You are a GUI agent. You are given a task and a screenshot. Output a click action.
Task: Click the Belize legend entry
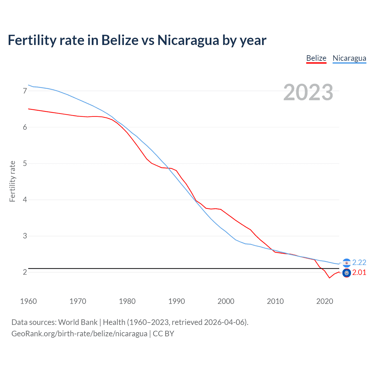point(316,58)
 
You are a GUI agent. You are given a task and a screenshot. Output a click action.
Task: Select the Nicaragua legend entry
point(349,58)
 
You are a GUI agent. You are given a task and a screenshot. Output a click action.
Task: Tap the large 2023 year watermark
point(308,92)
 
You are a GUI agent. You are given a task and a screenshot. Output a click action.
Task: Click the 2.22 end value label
point(359,262)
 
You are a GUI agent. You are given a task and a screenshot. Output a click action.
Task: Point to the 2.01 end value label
point(359,272)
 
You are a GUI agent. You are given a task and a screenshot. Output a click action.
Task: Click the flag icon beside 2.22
point(347,263)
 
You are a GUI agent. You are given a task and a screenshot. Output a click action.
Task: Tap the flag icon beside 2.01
point(347,273)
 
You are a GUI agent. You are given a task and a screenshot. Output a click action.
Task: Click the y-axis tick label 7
point(25,91)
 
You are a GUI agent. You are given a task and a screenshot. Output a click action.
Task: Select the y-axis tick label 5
point(25,163)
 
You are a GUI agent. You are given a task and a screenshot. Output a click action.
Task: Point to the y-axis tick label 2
point(25,272)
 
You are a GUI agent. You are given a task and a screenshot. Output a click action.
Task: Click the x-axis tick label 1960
point(28,301)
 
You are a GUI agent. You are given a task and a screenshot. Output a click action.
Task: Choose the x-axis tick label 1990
point(176,301)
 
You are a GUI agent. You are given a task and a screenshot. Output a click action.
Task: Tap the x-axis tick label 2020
point(325,301)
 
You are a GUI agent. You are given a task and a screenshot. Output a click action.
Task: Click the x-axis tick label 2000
point(226,301)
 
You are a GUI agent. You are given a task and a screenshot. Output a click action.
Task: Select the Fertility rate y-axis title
point(12,181)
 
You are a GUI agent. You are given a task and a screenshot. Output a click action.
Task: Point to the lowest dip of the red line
point(329,278)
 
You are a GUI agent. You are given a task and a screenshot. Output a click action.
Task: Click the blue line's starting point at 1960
point(28,85)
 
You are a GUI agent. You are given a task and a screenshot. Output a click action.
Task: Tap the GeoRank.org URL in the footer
point(79,334)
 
